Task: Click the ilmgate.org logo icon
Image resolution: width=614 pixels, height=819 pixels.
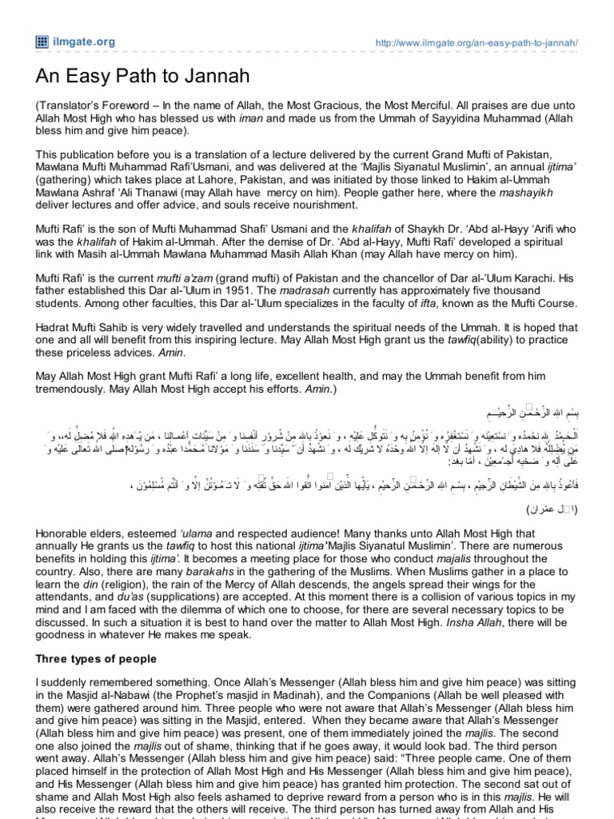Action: pyautogui.click(x=39, y=41)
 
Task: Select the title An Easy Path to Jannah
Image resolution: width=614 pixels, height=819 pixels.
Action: pyautogui.click(x=142, y=77)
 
